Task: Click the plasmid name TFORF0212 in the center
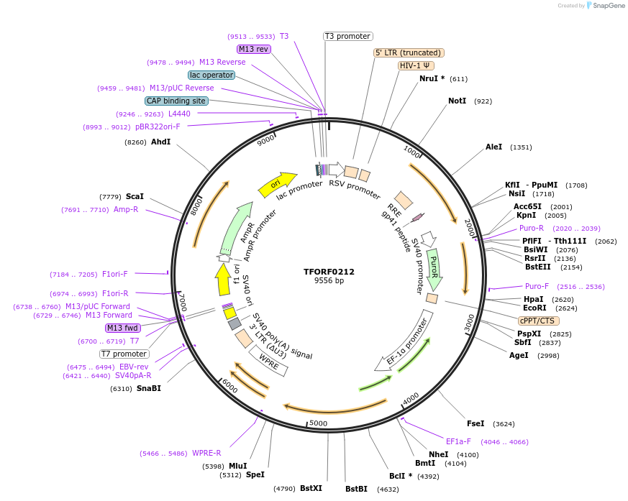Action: [329, 272]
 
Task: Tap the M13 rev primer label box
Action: [252, 49]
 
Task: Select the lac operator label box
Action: [211, 75]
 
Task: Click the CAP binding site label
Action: [176, 101]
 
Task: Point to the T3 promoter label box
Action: [347, 36]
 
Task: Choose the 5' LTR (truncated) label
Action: [409, 52]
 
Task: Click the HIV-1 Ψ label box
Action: [417, 65]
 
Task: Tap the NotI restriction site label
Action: [457, 101]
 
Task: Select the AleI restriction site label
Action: [493, 147]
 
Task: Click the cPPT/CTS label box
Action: [538, 321]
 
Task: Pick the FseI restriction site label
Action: [475, 423]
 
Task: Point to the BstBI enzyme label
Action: [356, 489]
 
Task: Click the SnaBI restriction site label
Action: [148, 388]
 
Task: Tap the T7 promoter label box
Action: [124, 354]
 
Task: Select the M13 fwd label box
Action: [123, 328]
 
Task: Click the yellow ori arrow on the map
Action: [277, 184]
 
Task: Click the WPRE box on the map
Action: [268, 362]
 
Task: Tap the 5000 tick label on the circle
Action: [318, 423]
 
